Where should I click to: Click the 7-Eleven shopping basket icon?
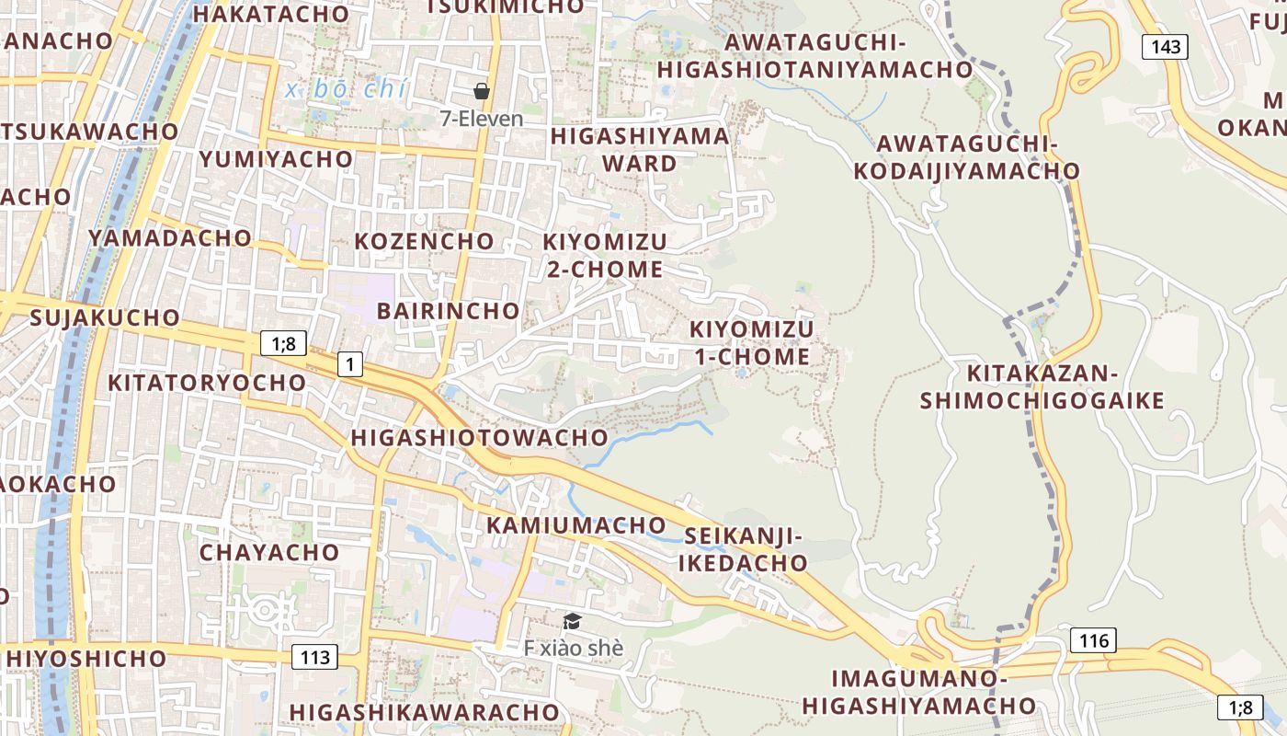(x=481, y=91)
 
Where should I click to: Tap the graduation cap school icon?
(x=572, y=622)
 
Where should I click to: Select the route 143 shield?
(x=1166, y=47)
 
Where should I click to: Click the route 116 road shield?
(x=1093, y=640)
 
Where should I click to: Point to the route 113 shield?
(x=314, y=657)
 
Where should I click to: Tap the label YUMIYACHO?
(x=276, y=159)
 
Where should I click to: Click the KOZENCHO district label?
(x=424, y=241)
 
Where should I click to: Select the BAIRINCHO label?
(x=448, y=311)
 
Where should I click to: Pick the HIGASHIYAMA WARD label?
(x=640, y=150)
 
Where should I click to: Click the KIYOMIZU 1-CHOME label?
(x=751, y=343)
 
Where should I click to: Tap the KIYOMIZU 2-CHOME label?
(x=604, y=256)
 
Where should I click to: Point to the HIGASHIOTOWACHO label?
(x=479, y=438)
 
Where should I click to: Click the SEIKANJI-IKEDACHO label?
(x=743, y=549)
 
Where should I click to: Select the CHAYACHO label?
(x=269, y=552)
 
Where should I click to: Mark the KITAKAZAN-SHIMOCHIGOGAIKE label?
(x=1042, y=387)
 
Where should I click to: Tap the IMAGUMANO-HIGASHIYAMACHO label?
(x=918, y=692)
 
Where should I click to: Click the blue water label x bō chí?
(x=346, y=90)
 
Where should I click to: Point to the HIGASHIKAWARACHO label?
(x=424, y=712)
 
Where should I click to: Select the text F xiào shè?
(x=574, y=648)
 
